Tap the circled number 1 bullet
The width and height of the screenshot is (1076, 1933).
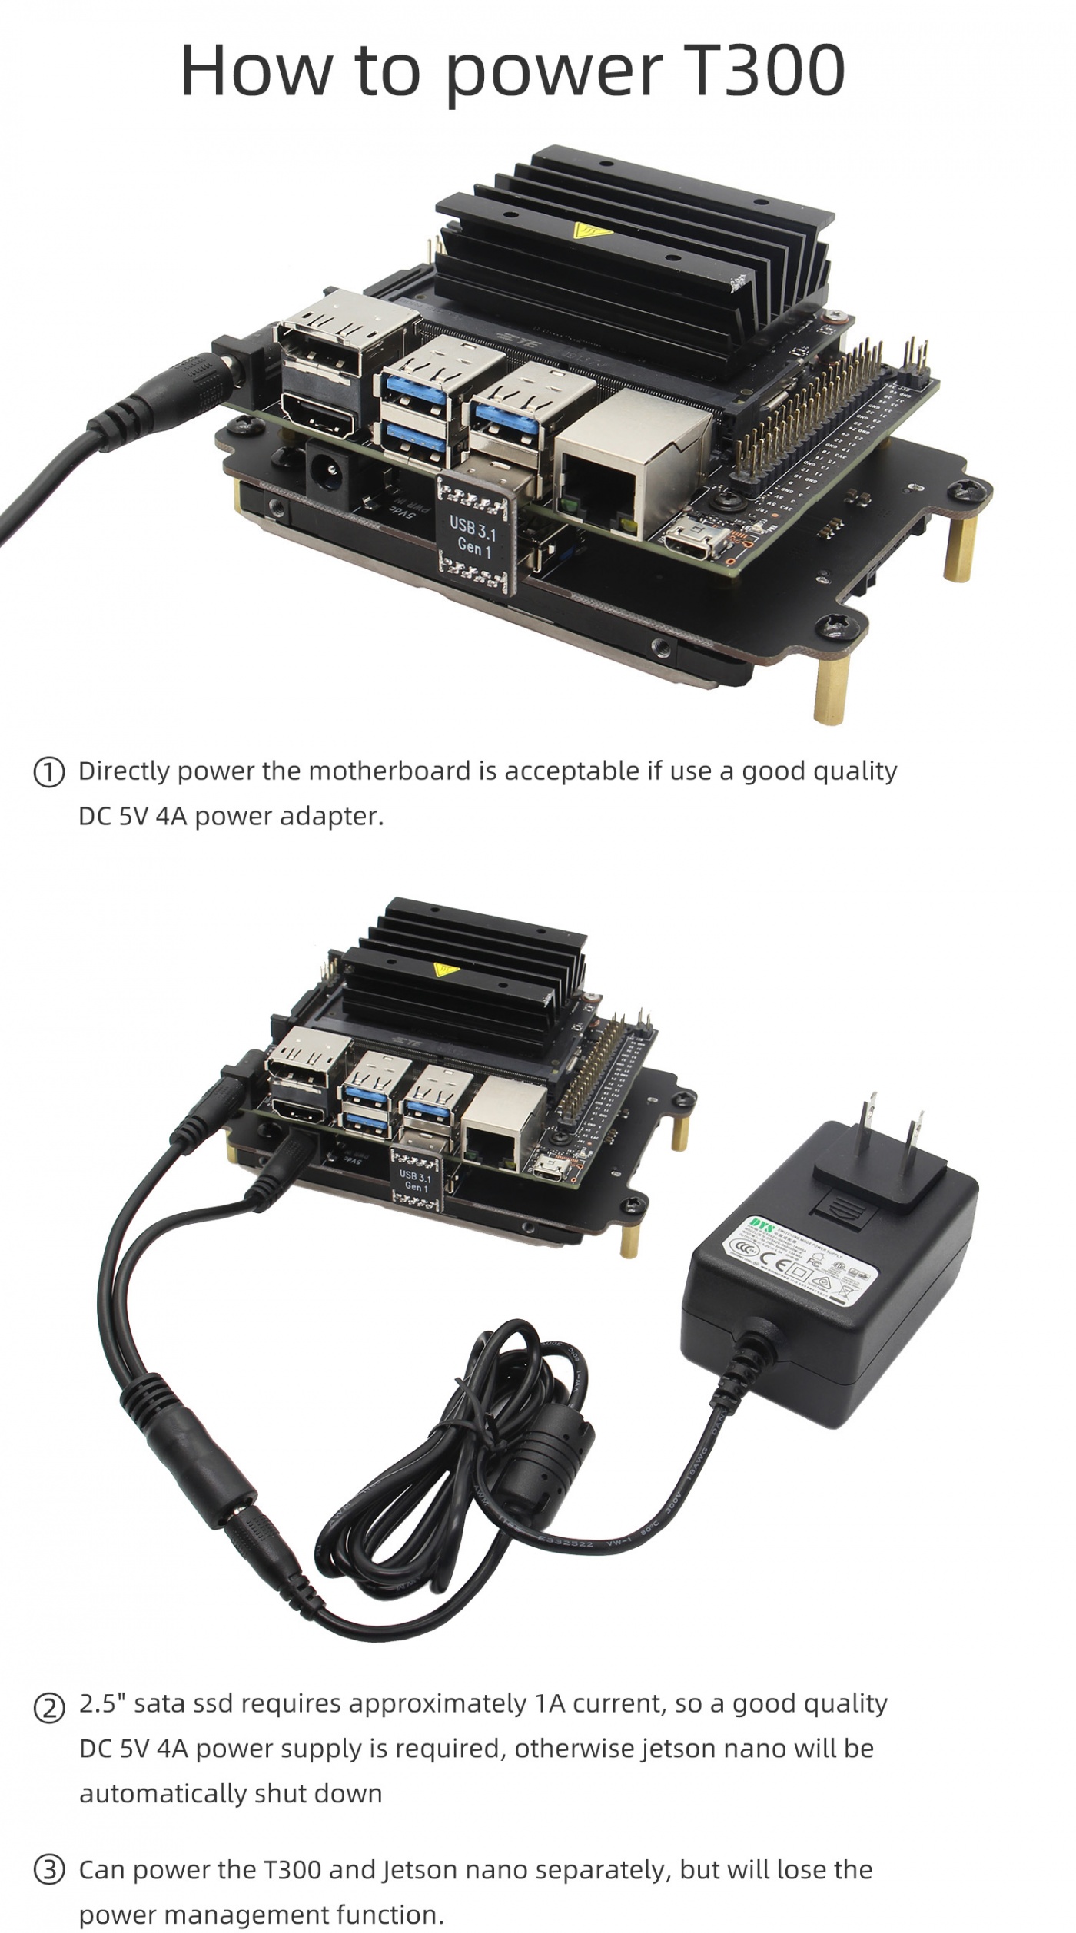(48, 772)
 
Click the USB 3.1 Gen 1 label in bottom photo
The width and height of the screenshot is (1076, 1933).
(415, 1182)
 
